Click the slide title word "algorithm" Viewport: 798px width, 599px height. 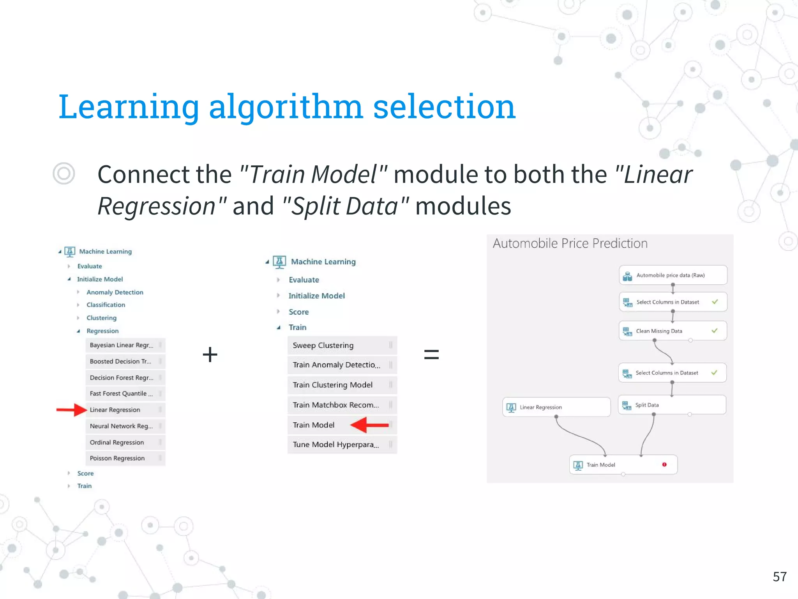[x=286, y=107]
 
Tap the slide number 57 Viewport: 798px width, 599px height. [x=780, y=577]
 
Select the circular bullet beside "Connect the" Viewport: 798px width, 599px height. [x=64, y=174]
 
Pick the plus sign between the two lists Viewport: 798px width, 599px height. [x=210, y=354]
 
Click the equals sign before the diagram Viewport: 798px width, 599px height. [x=431, y=354]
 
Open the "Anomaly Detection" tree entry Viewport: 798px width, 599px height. [x=115, y=292]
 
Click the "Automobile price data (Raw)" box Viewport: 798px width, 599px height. [x=673, y=275]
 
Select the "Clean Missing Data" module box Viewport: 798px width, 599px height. [x=673, y=331]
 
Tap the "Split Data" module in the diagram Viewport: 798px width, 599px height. [x=672, y=405]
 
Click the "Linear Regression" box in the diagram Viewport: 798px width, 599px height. [x=556, y=407]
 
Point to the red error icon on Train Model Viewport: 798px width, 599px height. [x=664, y=464]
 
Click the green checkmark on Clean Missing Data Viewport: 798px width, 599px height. [x=714, y=331]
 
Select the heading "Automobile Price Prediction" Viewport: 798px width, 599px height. [x=570, y=243]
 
